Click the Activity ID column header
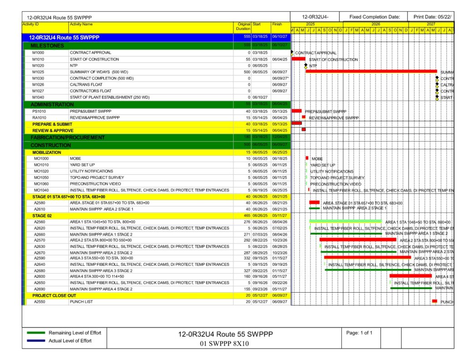[x=31, y=24]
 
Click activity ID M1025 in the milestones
[x=38, y=72]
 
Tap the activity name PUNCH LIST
[x=81, y=302]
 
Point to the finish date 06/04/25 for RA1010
[x=279, y=117]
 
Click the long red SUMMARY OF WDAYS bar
[x=371, y=71]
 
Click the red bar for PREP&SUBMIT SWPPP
[x=297, y=111]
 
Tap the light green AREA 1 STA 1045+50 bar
[x=345, y=222]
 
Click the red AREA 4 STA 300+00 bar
[x=410, y=276]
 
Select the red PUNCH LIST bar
[x=434, y=301]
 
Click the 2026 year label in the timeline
[x=376, y=24]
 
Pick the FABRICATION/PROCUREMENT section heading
[x=67, y=137]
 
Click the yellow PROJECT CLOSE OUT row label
[x=54, y=295]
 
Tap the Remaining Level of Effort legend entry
[x=75, y=333]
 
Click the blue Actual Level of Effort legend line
[x=36, y=341]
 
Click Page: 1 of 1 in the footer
[x=359, y=333]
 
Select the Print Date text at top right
[x=432, y=17]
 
